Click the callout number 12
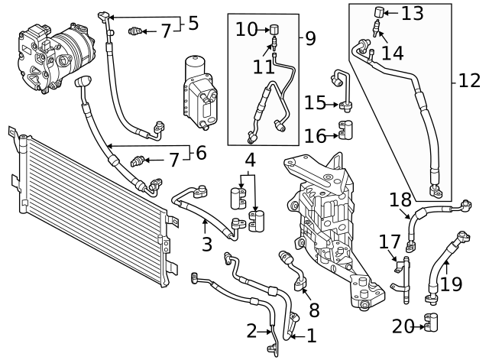click(x=469, y=80)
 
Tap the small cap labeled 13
click(x=377, y=11)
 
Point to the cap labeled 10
click(x=272, y=30)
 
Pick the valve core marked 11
click(x=272, y=49)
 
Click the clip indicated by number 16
click(x=345, y=135)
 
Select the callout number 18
click(x=400, y=200)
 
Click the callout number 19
click(x=452, y=284)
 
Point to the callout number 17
click(x=389, y=242)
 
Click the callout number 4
click(x=250, y=161)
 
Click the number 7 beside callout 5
click(x=166, y=31)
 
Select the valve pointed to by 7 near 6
click(x=138, y=161)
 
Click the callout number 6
click(x=201, y=153)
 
